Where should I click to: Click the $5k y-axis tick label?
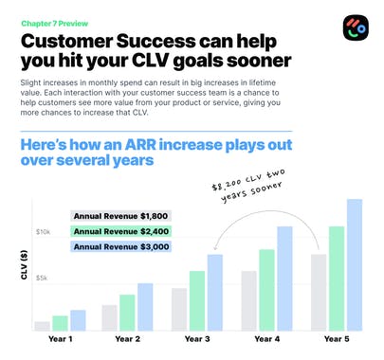[x=43, y=278]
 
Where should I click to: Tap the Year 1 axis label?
[x=59, y=338]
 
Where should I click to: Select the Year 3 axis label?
[x=198, y=338]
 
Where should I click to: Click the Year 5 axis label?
[x=337, y=338]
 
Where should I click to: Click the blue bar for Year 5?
[x=355, y=265]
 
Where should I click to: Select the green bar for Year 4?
[x=267, y=290]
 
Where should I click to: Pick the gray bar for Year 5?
[x=320, y=292]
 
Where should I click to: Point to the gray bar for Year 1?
[x=42, y=325]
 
